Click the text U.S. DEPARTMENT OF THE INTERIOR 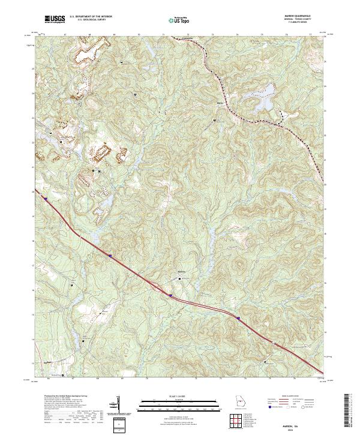click(91, 17)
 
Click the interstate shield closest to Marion click(170, 295)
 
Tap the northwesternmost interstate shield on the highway click(44, 196)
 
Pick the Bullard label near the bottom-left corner click(49, 362)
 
